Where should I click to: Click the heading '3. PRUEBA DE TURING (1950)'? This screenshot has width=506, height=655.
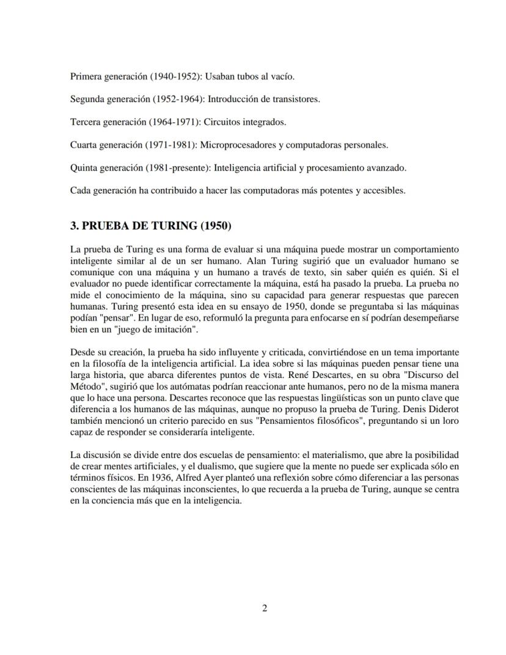pos(151,225)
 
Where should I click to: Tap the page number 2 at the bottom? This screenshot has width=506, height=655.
pos(264,608)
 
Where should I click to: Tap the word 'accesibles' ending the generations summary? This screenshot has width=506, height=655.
pos(383,190)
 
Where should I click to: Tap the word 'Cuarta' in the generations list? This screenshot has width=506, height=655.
pos(85,145)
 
